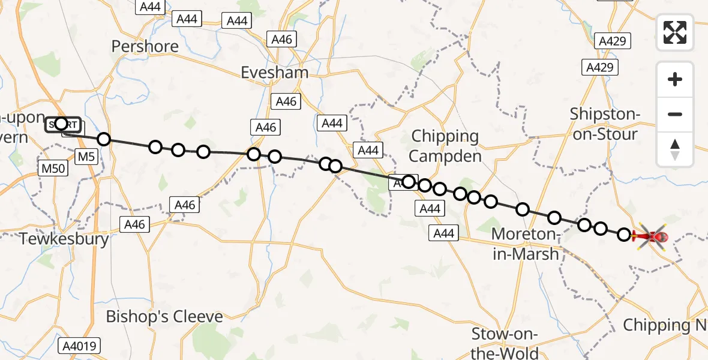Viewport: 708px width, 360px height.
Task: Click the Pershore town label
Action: point(145,46)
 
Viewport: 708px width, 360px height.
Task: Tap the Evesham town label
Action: point(274,73)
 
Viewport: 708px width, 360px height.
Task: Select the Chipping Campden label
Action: point(445,146)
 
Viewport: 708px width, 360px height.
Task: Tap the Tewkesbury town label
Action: point(64,239)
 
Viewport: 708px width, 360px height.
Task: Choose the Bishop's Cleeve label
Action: point(164,316)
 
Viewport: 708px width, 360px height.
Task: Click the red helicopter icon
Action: point(651,236)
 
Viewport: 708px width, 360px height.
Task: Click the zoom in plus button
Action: point(675,79)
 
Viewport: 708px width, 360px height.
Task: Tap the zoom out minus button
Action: point(675,114)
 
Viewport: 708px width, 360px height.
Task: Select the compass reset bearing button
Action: point(675,149)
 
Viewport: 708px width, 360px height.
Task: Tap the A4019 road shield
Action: point(80,346)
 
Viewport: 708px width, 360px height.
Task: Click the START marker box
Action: point(62,125)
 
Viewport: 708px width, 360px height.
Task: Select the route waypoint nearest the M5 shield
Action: point(104,139)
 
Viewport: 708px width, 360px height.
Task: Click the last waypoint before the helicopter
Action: point(624,235)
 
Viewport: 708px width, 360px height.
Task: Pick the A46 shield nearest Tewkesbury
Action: point(134,224)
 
